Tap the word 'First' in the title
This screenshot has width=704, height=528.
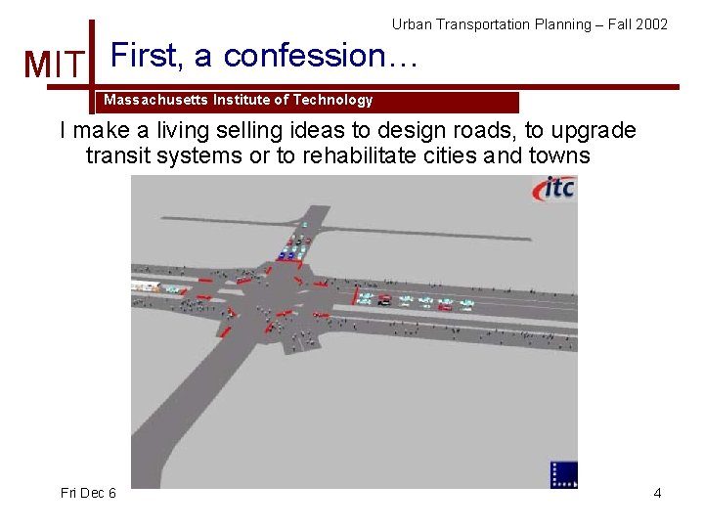tap(147, 56)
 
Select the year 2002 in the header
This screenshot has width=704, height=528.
tap(651, 23)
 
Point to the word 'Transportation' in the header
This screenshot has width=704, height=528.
tap(479, 23)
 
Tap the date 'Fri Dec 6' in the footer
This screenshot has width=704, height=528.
tap(88, 493)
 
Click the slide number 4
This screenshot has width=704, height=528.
tap(657, 493)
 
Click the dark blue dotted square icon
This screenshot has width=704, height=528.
tap(564, 474)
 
